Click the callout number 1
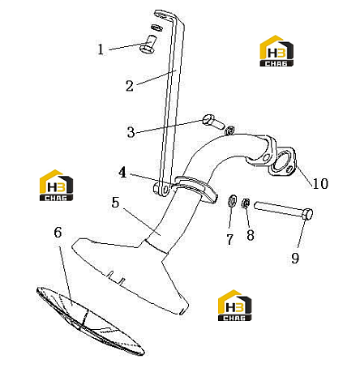[x=101, y=49]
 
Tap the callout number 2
[x=130, y=86]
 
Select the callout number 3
[x=131, y=132]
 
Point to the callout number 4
[x=122, y=172]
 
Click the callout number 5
[x=115, y=202]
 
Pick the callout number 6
[x=58, y=233]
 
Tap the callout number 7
[x=229, y=239]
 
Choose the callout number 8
[x=251, y=235]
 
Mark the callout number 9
[x=295, y=258]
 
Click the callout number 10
[x=320, y=183]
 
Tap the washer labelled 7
[x=232, y=201]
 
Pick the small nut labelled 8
[x=246, y=203]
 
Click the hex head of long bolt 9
[x=308, y=214]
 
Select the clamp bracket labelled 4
[x=193, y=187]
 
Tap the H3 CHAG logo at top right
[x=276, y=51]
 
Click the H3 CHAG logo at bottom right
[x=234, y=306]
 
